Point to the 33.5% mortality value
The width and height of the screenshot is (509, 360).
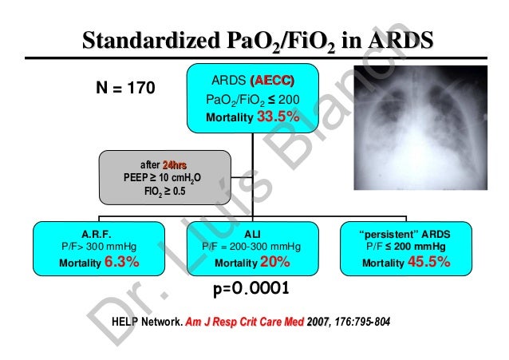click(x=278, y=117)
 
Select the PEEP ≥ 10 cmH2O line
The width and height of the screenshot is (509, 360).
click(x=158, y=177)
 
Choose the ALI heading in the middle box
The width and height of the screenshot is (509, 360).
click(x=253, y=234)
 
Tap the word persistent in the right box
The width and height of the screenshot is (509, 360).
click(x=385, y=234)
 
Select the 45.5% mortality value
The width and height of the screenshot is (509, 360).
click(x=433, y=262)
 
